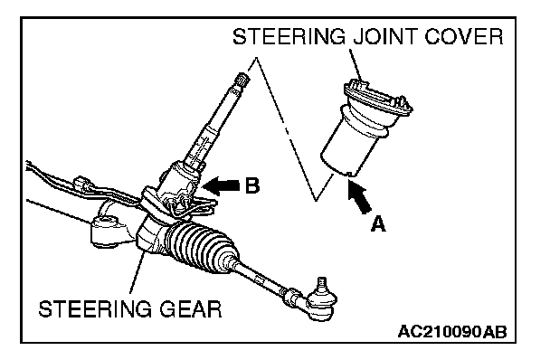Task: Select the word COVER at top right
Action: click(x=464, y=36)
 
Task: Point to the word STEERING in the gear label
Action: click(x=95, y=309)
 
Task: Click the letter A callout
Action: click(x=378, y=223)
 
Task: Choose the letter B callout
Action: click(x=252, y=185)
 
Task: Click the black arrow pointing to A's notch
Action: click(x=359, y=195)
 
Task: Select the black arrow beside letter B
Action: click(x=221, y=185)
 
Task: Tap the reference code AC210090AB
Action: click(x=452, y=331)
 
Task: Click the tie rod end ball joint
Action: click(x=321, y=304)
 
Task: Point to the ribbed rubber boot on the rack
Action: click(x=202, y=247)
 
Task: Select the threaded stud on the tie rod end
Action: click(x=322, y=283)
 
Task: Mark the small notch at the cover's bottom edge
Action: click(x=349, y=174)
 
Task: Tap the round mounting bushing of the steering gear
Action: click(x=105, y=230)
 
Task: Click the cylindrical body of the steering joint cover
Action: click(x=351, y=147)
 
